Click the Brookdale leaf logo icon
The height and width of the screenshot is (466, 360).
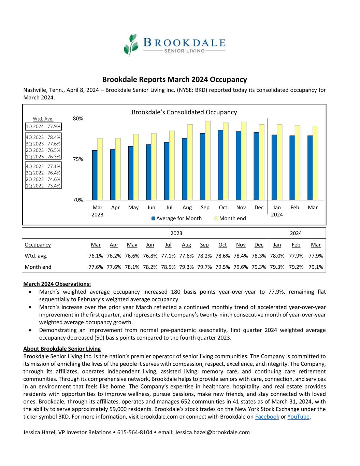pos(131,44)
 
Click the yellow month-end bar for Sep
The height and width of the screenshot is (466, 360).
pos(208,160)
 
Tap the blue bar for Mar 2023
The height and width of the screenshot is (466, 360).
pos(95,175)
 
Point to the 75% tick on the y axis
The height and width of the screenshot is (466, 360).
pos(78,159)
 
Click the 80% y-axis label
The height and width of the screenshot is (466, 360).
pos(78,118)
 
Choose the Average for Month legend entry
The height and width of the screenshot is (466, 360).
pos(176,218)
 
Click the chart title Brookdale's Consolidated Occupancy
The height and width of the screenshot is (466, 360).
pos(184,112)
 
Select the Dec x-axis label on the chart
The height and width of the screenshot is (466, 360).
pos(259,208)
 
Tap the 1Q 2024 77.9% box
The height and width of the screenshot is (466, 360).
pos(43,126)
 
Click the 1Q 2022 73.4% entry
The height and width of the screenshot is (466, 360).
pos(43,186)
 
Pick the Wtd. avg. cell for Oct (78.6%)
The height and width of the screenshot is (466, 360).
pos(222,256)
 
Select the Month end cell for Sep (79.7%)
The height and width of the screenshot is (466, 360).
pos(204,267)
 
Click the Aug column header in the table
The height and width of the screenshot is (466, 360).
pos(186,245)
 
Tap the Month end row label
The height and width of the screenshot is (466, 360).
pos(38,267)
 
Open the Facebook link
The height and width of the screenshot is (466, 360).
pos(267,416)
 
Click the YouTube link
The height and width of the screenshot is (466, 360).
pos(298,416)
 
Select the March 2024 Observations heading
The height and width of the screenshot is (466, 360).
pos(57,284)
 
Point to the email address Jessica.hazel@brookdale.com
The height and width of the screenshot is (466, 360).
pos(212,432)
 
